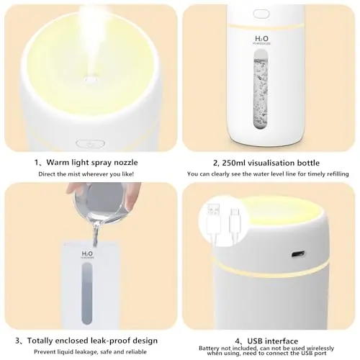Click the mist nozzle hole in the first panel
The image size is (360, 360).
[90, 78]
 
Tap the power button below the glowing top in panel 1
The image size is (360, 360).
[90, 144]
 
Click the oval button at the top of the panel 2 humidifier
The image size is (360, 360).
[261, 14]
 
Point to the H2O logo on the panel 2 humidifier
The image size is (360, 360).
[261, 39]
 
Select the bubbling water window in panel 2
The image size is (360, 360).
[261, 89]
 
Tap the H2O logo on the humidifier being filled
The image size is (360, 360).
[87, 253]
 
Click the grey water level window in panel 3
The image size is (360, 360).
[87, 293]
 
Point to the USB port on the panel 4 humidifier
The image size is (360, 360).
[298, 253]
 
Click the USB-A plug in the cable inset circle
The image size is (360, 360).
[213, 221]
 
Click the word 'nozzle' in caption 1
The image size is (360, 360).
[126, 163]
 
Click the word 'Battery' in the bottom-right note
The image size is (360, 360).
[209, 348]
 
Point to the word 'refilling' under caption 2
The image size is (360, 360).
[337, 174]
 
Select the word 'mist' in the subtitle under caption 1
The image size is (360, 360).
[74, 174]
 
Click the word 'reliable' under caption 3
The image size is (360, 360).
[137, 352]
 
